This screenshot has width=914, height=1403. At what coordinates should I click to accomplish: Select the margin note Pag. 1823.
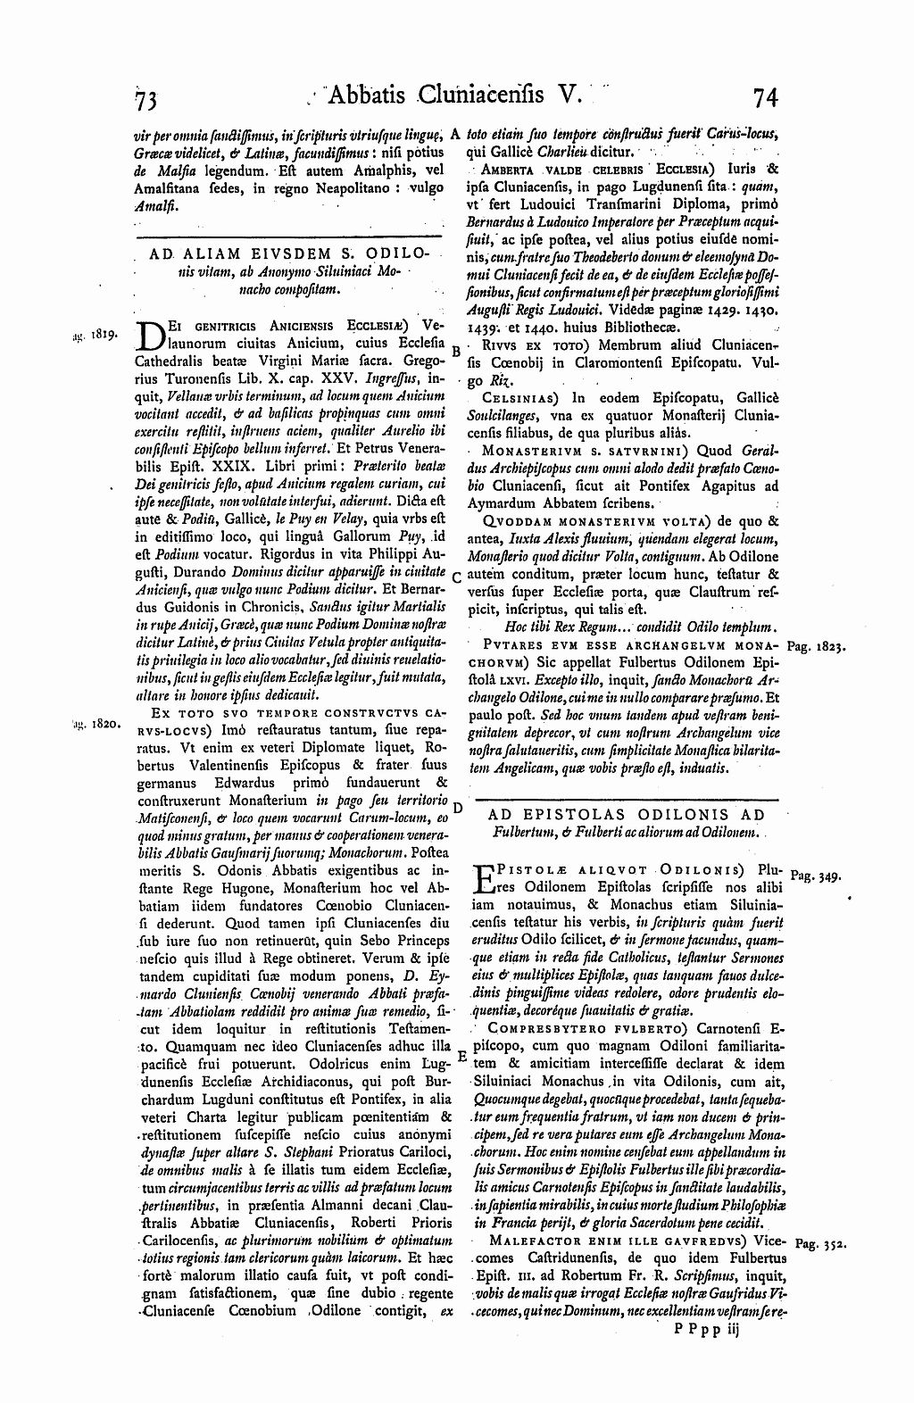click(818, 644)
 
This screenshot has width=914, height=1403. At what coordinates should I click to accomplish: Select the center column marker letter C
click(456, 577)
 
